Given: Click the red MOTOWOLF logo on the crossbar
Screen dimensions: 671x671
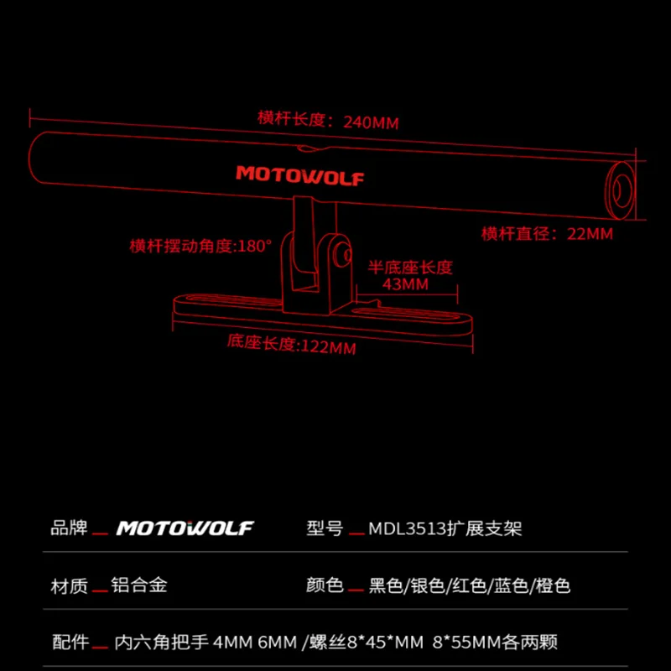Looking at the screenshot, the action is point(300,175).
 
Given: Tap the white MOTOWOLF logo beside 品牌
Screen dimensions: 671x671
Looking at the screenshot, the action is point(185,528).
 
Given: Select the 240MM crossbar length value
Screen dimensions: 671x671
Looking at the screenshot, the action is point(371,122).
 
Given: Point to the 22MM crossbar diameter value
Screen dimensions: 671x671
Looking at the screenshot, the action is point(590,234).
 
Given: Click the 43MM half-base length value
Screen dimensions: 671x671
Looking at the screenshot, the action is point(405,284).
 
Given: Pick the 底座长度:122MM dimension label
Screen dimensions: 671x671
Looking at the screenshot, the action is point(291,345).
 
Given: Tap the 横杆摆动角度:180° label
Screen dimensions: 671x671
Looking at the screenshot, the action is point(200,246).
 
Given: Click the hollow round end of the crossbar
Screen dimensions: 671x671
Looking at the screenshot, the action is point(620,190).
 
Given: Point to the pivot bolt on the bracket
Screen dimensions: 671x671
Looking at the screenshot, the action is point(343,254).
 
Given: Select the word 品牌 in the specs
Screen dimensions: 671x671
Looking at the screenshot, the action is point(69,528).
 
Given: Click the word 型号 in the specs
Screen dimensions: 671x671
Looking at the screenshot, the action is point(325,528).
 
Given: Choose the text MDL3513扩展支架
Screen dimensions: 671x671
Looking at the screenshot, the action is point(445,528).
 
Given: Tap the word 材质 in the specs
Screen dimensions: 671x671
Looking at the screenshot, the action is point(69,585).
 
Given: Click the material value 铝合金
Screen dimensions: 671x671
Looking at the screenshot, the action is point(139,585).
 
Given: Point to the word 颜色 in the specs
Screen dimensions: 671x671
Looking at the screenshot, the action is point(325,585).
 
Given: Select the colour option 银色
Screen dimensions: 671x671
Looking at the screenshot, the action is point(428,585).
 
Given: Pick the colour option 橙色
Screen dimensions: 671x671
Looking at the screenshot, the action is point(553,585).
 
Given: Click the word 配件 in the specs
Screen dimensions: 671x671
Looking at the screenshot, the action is point(70,642).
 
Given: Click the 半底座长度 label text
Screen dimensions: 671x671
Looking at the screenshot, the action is point(410,268).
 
